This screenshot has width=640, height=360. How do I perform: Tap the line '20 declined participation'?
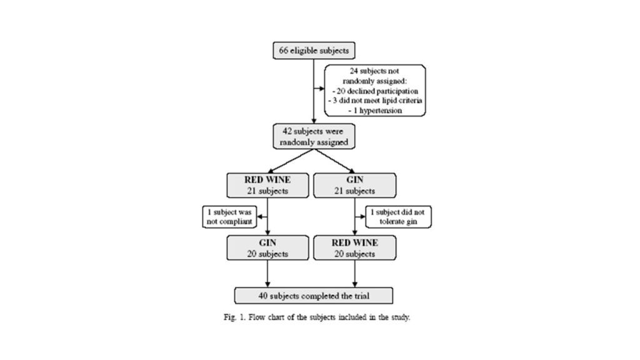[374, 90]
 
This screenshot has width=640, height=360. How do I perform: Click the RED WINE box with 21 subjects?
[267, 186]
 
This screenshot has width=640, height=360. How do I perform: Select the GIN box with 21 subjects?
[354, 186]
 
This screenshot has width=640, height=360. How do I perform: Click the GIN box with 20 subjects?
[267, 248]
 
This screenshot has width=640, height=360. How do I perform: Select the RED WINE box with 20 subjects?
[354, 248]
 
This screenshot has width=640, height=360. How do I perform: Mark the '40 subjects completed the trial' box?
[313, 294]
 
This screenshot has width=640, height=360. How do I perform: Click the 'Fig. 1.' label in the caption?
[234, 317]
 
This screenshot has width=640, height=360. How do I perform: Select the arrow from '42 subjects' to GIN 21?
[332, 161]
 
